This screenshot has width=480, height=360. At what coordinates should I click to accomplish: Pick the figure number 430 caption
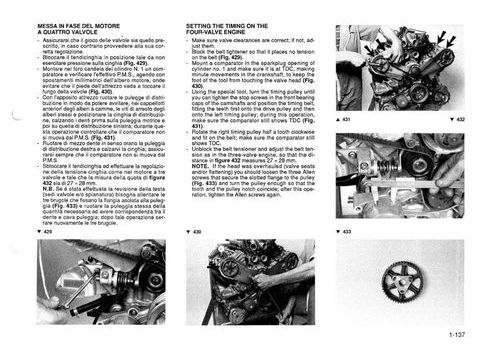point(198,231)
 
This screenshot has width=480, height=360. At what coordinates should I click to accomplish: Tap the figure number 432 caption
point(453,119)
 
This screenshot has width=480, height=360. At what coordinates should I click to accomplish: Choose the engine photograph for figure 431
point(404,68)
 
